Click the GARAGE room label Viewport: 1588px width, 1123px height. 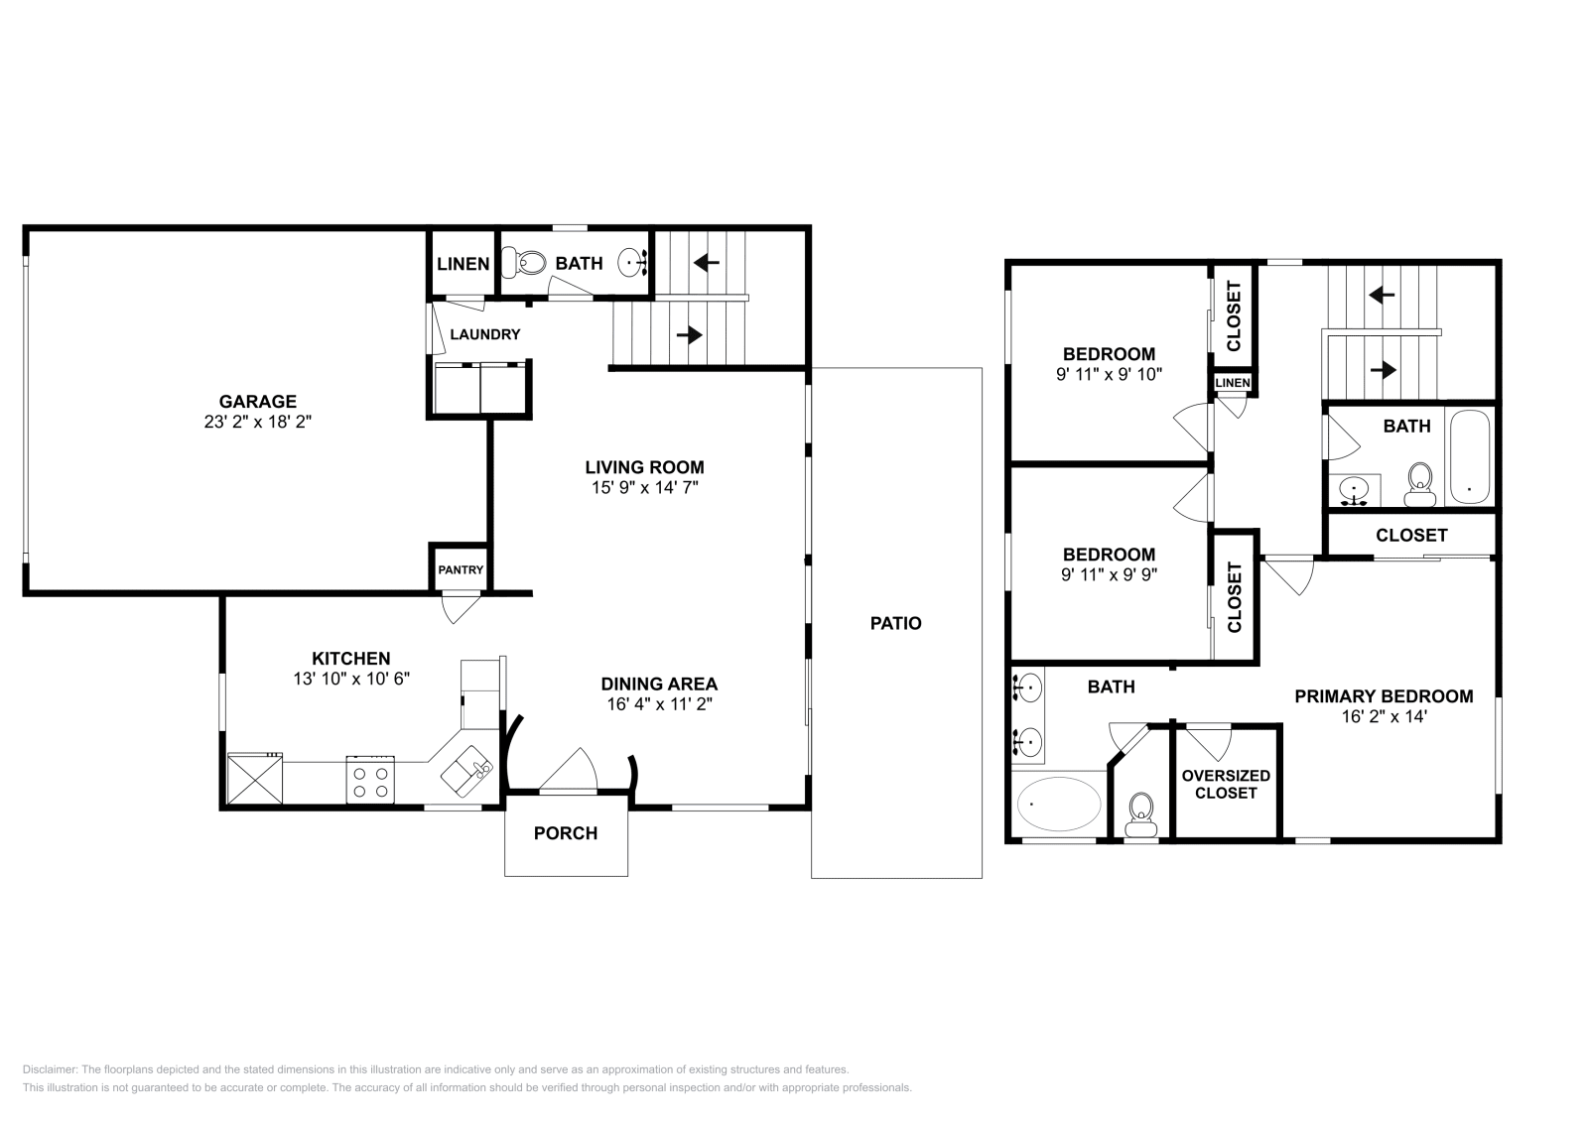tap(257, 402)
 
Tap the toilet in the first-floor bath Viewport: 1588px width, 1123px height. tap(527, 263)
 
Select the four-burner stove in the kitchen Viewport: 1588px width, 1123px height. tap(370, 779)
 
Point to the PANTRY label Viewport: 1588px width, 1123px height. tap(461, 569)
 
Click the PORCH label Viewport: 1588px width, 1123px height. tap(566, 833)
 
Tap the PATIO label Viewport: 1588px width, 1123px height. tap(895, 623)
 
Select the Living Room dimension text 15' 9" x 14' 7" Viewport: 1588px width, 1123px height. tap(644, 487)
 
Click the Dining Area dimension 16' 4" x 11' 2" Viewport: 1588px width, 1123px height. tap(659, 704)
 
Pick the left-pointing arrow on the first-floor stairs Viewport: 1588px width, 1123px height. tap(706, 262)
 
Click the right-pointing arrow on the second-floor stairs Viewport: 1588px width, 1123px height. tap(1382, 369)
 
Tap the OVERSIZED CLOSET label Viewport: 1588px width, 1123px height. tap(1226, 784)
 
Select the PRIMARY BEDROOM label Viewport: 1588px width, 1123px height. tap(1384, 696)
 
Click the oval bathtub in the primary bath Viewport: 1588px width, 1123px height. tap(1059, 804)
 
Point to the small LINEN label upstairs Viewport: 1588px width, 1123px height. tap(1233, 383)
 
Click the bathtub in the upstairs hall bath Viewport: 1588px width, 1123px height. tap(1469, 457)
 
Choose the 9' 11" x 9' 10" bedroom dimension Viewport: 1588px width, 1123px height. tap(1109, 374)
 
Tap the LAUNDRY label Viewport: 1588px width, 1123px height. tap(484, 334)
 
